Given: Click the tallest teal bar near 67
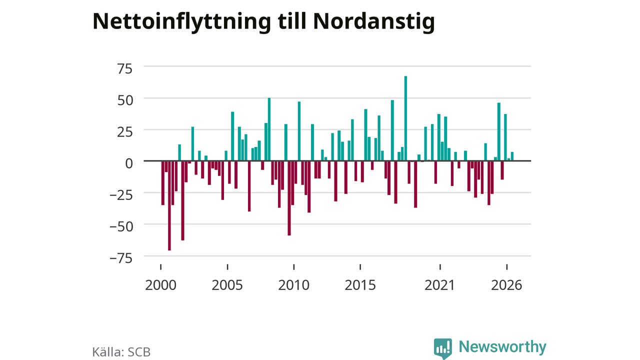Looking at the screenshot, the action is (405, 118).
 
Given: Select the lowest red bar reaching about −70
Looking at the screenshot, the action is (169, 205).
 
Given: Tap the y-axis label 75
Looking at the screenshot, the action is (125, 69).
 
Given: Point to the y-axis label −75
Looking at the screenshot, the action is (121, 258).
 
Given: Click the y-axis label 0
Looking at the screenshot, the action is (129, 163).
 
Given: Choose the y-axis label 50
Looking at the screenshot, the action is (125, 100).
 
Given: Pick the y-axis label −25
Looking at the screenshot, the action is (121, 195).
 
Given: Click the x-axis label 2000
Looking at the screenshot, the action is (160, 285).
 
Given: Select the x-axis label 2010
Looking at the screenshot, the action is (293, 285).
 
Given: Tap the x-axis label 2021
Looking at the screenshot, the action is (439, 285).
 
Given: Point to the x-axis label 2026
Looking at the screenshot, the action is (506, 285).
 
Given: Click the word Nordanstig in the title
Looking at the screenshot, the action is (374, 22).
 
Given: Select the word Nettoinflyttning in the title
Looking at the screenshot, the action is (181, 22).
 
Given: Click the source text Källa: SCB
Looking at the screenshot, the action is (121, 351).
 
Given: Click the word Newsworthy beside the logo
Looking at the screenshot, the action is (502, 346).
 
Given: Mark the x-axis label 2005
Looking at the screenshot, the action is (227, 285).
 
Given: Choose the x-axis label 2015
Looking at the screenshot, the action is (360, 285).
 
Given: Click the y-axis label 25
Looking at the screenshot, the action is (125, 132).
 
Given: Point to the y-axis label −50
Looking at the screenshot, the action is (121, 227).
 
